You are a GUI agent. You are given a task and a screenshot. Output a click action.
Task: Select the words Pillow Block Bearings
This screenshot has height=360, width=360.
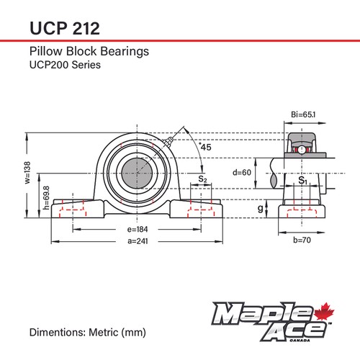[89, 52]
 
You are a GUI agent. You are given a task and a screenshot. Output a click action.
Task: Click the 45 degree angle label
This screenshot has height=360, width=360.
[205, 147]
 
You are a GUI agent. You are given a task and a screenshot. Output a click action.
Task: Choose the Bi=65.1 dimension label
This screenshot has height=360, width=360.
[303, 114]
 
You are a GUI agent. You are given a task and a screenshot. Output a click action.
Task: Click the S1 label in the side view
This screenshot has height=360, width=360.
[303, 181]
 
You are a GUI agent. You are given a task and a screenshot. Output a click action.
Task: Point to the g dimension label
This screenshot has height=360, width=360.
[260, 209]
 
